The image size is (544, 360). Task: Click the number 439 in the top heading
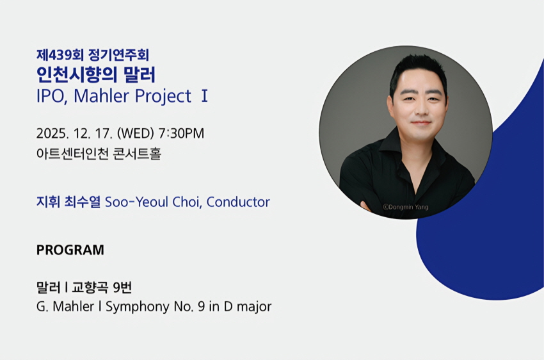[x=60, y=55]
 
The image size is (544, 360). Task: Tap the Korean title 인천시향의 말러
[x=96, y=74]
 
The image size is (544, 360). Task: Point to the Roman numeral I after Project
[x=204, y=96]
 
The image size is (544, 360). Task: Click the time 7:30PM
[x=181, y=134]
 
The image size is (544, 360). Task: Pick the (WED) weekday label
[x=136, y=134]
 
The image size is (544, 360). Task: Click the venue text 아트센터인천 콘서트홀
[x=99, y=154]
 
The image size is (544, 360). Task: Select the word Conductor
[x=238, y=202]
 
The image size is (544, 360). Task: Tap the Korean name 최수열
[x=83, y=202]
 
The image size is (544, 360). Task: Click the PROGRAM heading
[x=70, y=250]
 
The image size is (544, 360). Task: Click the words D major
[x=248, y=307]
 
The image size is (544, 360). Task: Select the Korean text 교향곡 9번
[x=102, y=288]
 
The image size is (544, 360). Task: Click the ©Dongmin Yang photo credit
[x=406, y=208]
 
